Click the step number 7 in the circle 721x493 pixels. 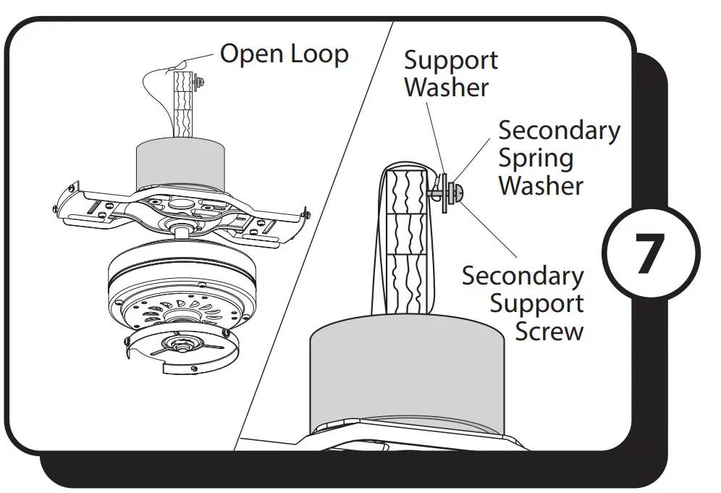pos(650,255)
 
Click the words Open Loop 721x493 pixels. pos(284,54)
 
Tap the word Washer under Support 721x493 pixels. pos(446,88)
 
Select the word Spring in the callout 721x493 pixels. pos(536,158)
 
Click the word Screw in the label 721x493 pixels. pos(549,332)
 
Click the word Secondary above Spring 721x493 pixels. pos(559,130)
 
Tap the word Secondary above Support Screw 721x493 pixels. pos(523,276)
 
